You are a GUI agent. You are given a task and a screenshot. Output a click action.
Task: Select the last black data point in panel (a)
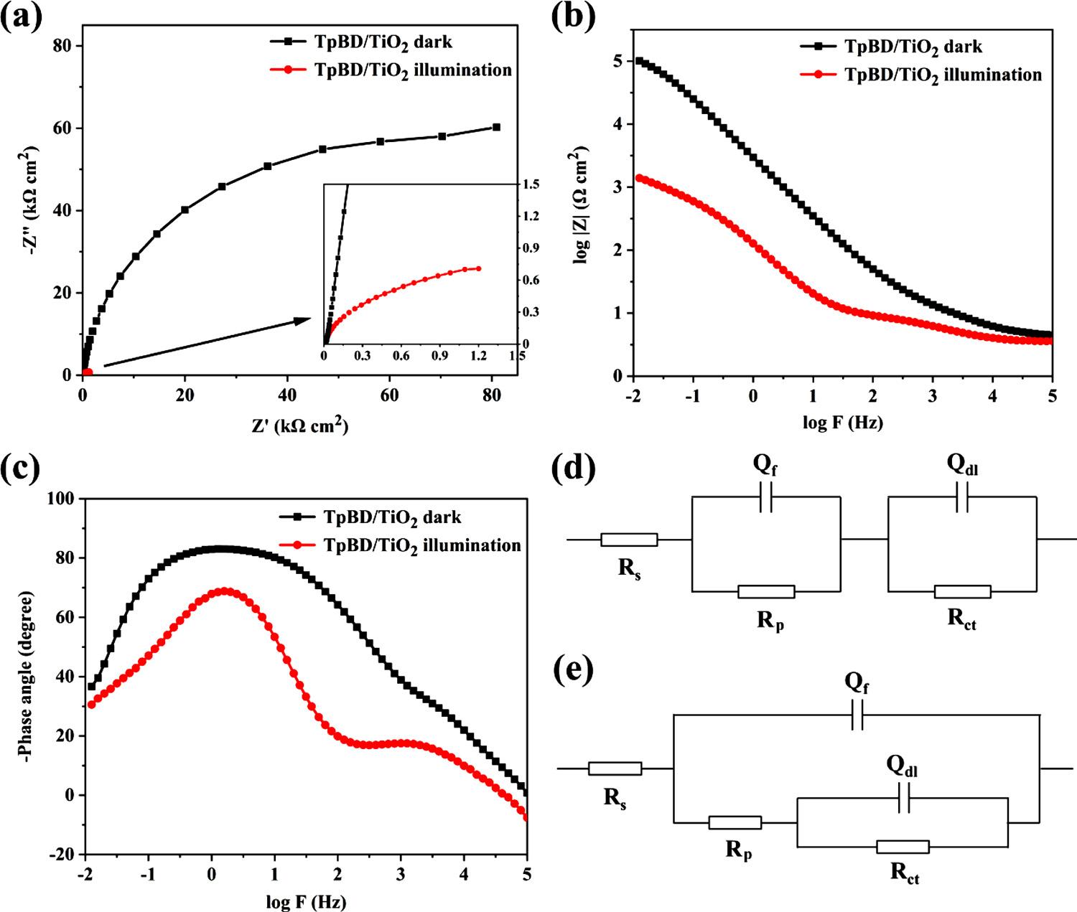(496, 127)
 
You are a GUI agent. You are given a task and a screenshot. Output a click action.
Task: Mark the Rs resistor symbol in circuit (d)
(629, 540)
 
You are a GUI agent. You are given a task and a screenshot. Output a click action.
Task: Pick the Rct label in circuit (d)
(962, 621)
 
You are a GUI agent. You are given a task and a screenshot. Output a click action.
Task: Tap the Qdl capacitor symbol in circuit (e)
(903, 798)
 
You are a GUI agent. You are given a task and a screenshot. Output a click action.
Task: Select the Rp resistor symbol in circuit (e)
(735, 822)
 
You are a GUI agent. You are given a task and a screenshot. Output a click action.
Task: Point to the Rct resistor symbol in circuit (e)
(903, 847)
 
